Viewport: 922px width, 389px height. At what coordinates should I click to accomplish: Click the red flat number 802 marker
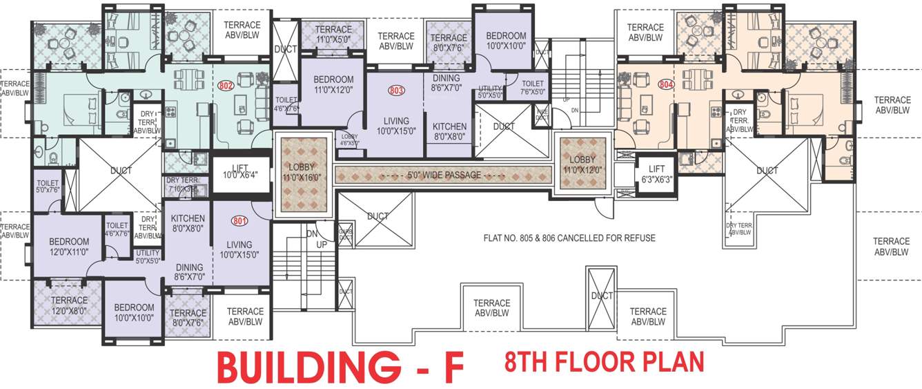pyautogui.click(x=226, y=86)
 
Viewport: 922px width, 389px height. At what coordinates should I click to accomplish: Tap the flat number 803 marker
pyautogui.click(x=396, y=90)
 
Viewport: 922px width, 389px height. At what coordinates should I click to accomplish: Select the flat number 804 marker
pyautogui.click(x=665, y=85)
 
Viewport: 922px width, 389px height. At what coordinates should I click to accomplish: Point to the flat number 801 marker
pyautogui.click(x=239, y=222)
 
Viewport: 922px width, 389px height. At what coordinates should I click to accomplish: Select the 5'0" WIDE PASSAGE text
pyautogui.click(x=444, y=175)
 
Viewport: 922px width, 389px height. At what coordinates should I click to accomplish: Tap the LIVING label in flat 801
pyautogui.click(x=239, y=245)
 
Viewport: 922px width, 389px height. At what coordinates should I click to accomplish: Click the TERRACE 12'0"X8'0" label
pyautogui.click(x=68, y=305)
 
